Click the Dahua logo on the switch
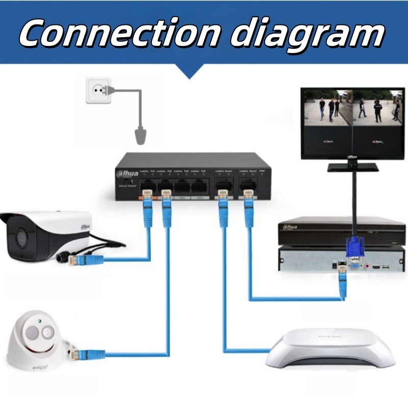pyautogui.click(x=128, y=173)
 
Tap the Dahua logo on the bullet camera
pyautogui.click(x=84, y=226)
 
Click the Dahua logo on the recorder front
pyautogui.click(x=290, y=226)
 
